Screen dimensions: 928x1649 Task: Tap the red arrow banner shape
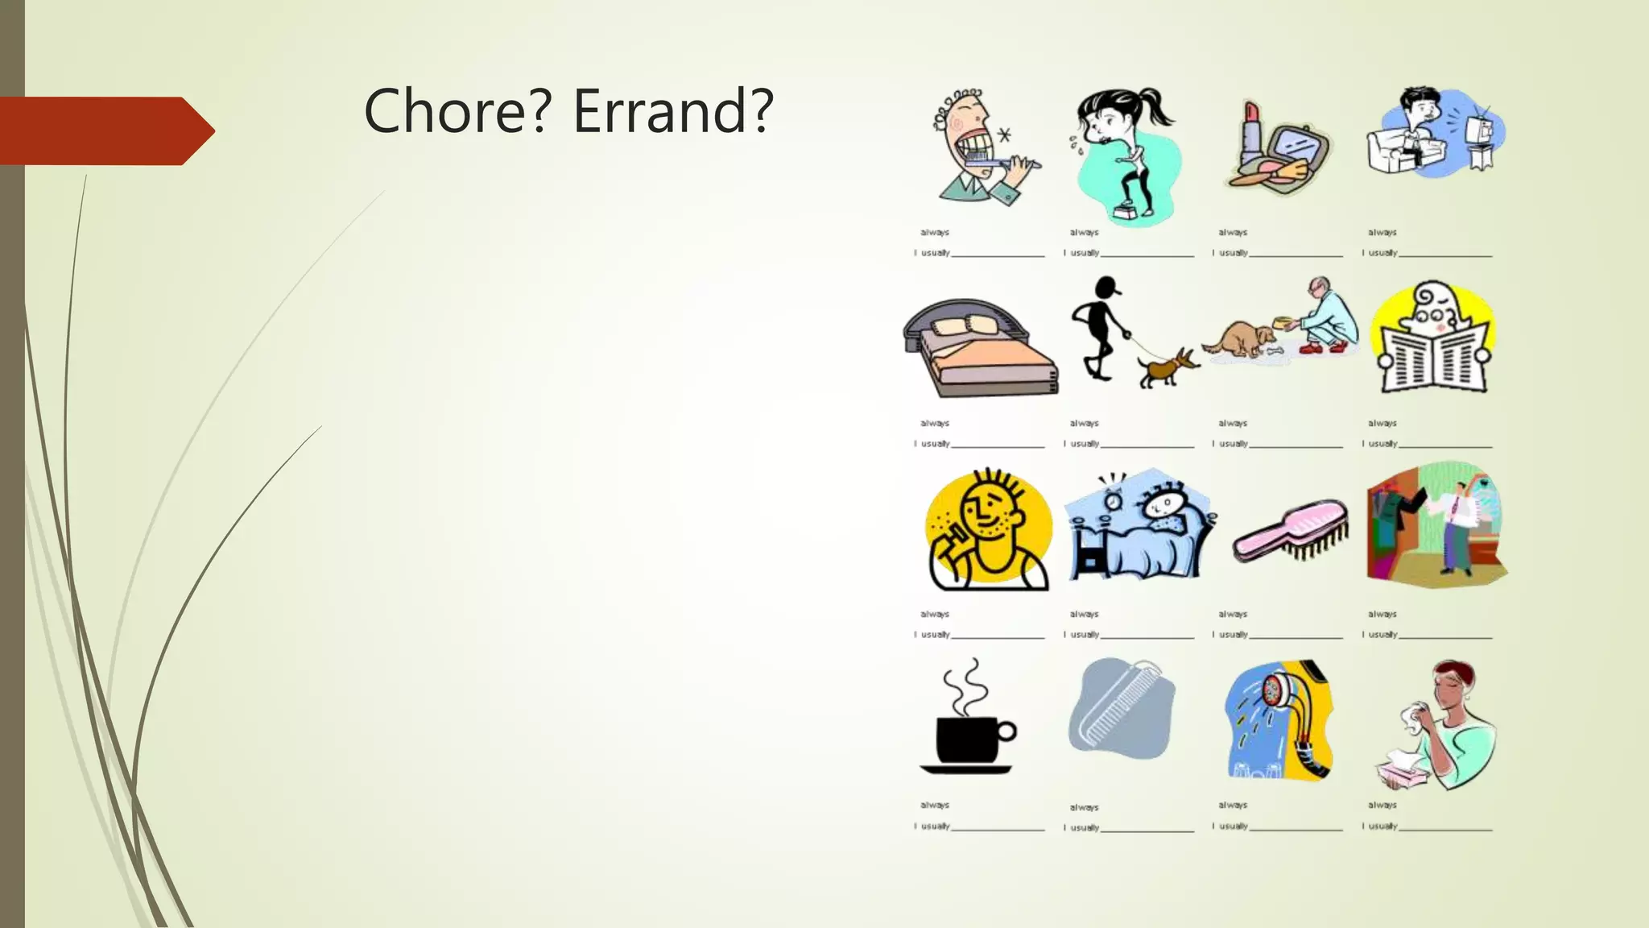pyautogui.click(x=105, y=130)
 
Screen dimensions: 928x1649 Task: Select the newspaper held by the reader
pyautogui.click(x=1433, y=358)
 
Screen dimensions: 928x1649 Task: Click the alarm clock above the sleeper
pyautogui.click(x=1113, y=499)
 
